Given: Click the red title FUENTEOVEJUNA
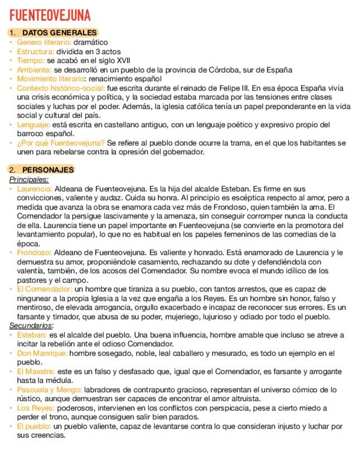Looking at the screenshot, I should tap(50, 15).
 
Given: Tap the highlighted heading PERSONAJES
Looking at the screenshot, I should tap(48, 170).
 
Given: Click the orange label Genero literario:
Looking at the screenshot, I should tap(44, 42).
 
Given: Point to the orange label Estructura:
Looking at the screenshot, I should tap(36, 51).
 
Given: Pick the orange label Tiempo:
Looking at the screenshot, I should tap(31, 60).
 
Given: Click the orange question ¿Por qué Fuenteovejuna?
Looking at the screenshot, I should tap(61, 143).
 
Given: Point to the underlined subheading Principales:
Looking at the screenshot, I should tap(29, 179).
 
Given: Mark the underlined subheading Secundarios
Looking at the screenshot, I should tap(31, 325).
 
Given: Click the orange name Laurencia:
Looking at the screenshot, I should tap(35, 189).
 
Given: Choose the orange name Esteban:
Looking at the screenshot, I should tap(32, 335).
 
